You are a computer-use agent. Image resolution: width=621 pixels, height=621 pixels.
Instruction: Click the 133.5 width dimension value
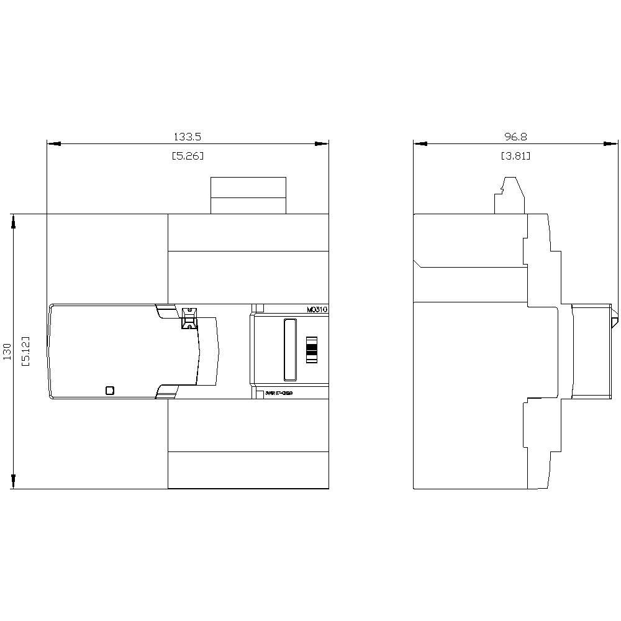(x=188, y=136)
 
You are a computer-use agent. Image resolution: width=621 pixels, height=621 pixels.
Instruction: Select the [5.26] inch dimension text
(x=188, y=156)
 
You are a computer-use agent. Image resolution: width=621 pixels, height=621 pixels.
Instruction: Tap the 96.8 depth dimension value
(x=515, y=136)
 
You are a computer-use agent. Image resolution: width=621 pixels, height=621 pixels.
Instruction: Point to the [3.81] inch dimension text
(x=515, y=156)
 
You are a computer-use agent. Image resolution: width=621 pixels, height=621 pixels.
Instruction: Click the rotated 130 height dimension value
(x=7, y=351)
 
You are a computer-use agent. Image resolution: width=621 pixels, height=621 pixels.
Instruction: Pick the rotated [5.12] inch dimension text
(x=25, y=351)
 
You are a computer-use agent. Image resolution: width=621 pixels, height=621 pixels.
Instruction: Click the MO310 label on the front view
(x=317, y=309)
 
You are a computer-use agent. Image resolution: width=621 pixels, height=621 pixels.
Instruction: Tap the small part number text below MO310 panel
(x=279, y=392)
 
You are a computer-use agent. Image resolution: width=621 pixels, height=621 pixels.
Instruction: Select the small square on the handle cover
(x=110, y=390)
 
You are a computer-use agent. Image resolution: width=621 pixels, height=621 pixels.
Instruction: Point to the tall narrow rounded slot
(x=289, y=350)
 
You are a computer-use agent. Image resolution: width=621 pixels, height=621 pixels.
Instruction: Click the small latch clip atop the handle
(x=188, y=317)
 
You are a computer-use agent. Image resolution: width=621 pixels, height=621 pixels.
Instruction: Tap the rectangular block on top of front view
(x=248, y=195)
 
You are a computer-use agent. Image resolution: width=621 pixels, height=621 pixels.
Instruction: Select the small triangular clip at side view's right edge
(x=614, y=322)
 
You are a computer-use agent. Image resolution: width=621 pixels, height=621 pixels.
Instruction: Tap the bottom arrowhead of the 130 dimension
(x=12, y=481)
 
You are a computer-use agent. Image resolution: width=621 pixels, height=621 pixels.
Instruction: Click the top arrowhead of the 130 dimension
(x=12, y=222)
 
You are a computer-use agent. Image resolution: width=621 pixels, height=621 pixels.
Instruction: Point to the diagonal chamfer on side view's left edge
(x=418, y=263)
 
